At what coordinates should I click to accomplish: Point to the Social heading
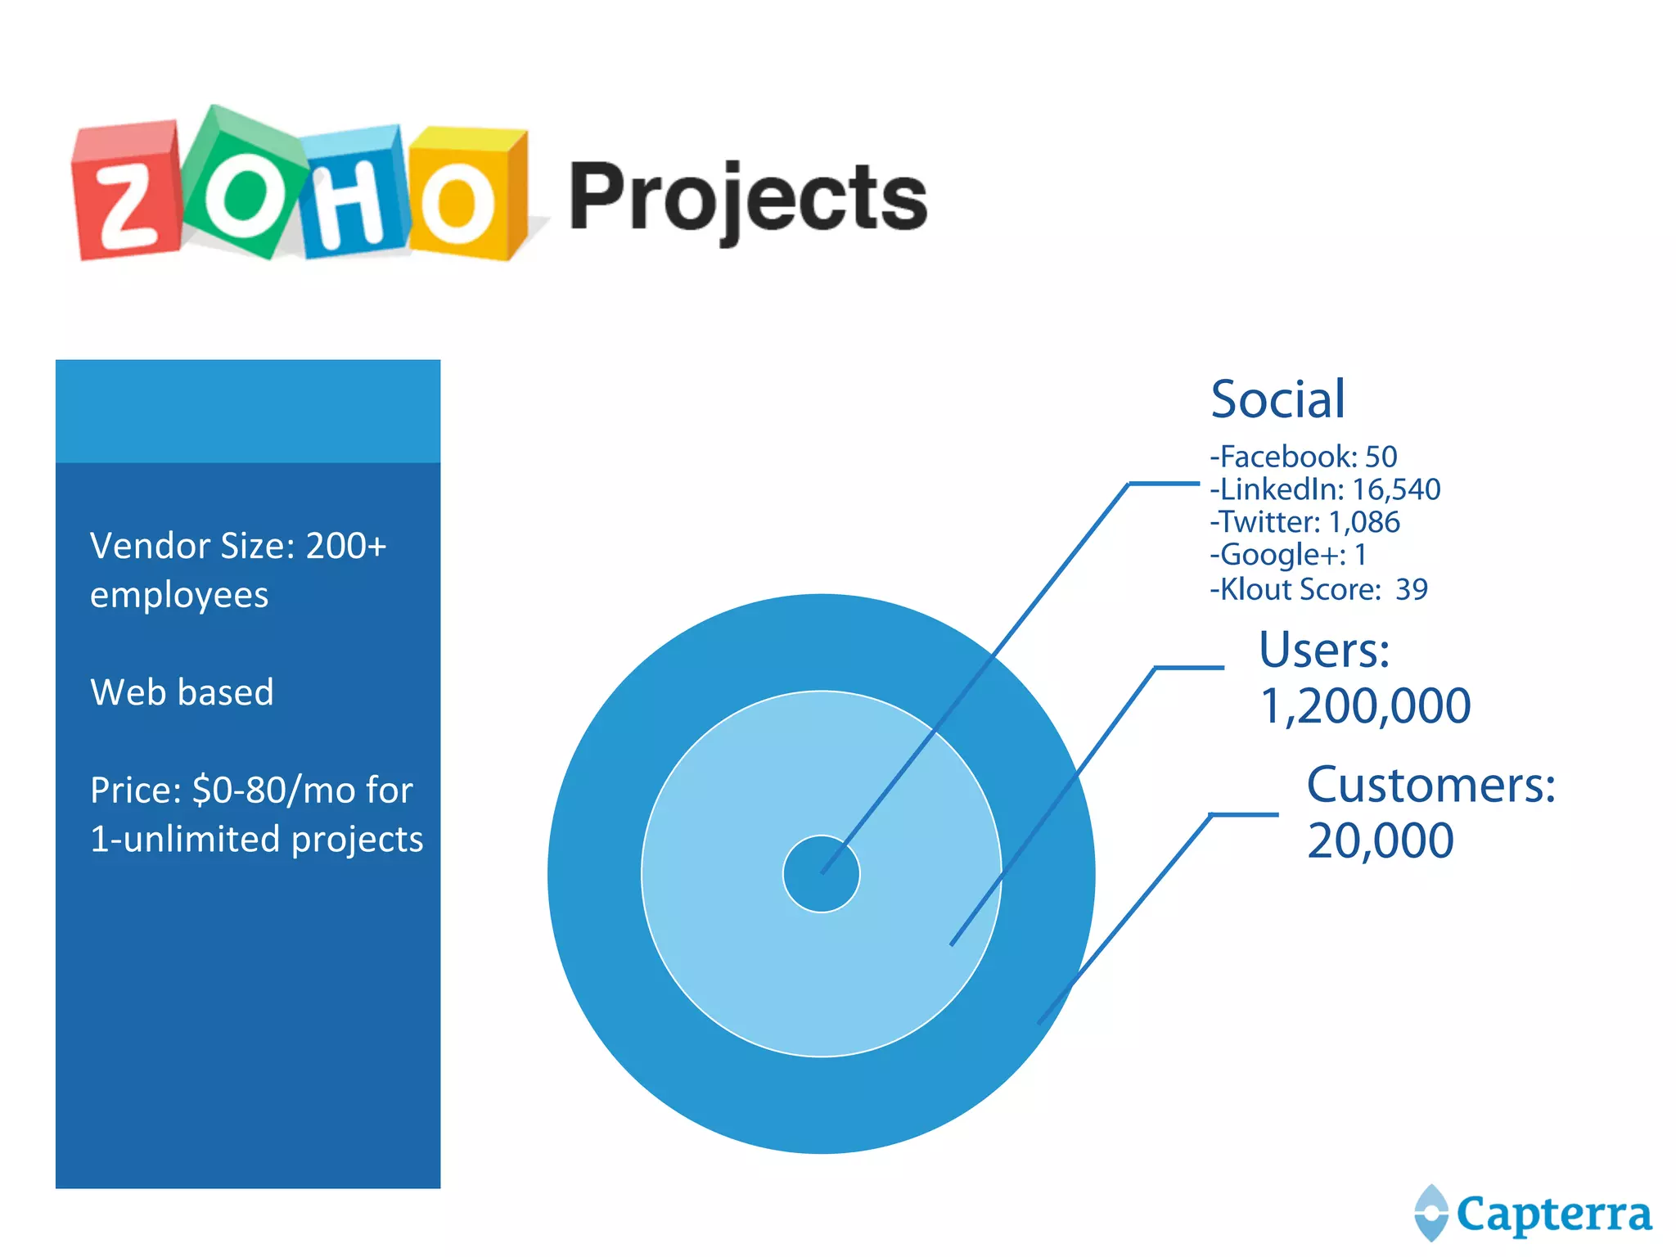pos(1277,399)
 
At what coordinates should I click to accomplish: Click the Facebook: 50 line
pos(1304,457)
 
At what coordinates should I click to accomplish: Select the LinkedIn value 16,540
pos(1396,489)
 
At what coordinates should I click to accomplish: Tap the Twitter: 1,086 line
pos(1305,522)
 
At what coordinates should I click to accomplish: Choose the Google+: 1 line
pos(1288,555)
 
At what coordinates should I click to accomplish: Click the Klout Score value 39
pos(1412,589)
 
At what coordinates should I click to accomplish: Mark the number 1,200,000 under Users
pos(1365,706)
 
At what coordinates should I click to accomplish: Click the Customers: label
pos(1430,786)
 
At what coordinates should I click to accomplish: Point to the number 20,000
pos(1380,841)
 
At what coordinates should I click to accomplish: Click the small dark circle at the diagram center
pos(821,874)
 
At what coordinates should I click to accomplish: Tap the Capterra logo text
pos(1553,1214)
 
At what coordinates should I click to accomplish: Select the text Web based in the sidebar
pos(182,692)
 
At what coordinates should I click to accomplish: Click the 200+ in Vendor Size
pos(345,546)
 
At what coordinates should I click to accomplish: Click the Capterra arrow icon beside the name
pos(1431,1213)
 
